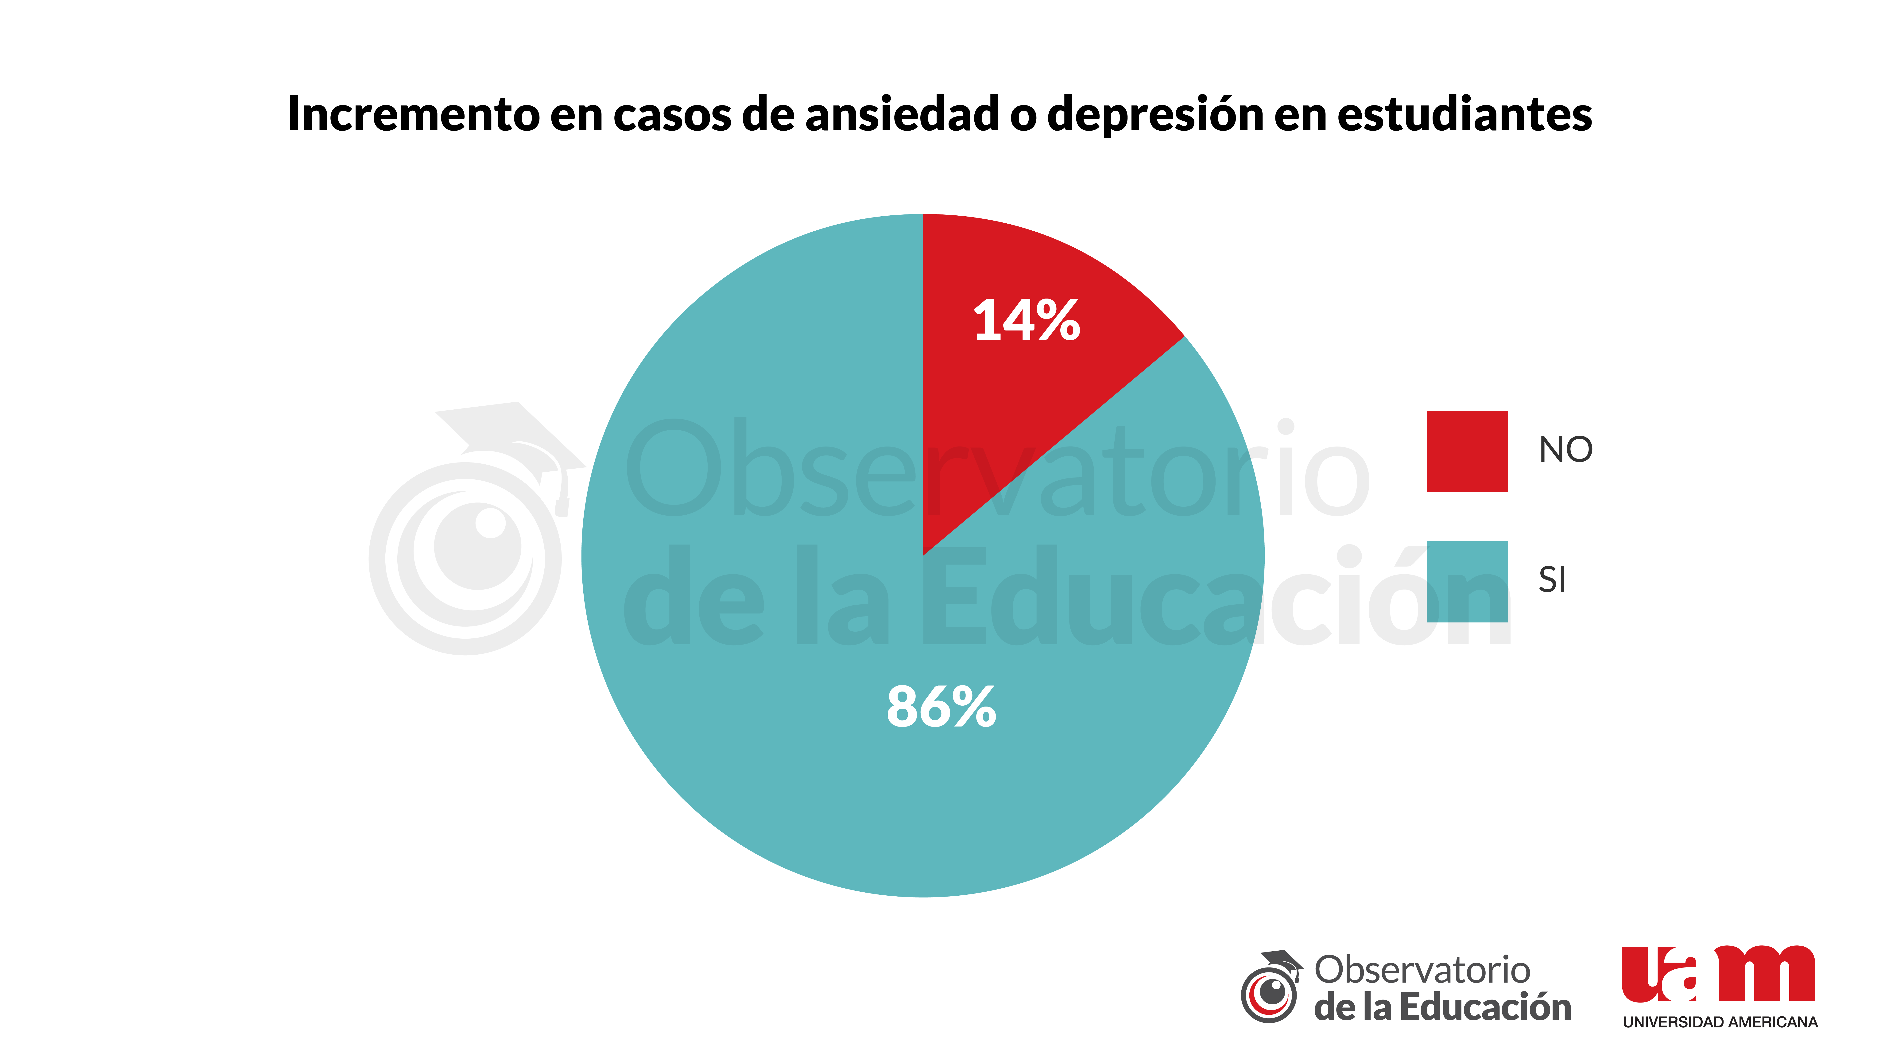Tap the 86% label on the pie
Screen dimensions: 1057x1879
click(x=941, y=706)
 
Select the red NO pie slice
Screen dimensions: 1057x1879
click(x=1021, y=408)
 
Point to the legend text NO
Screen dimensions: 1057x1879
click(x=1565, y=449)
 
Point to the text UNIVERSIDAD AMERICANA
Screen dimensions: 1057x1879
click(x=1719, y=1022)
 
